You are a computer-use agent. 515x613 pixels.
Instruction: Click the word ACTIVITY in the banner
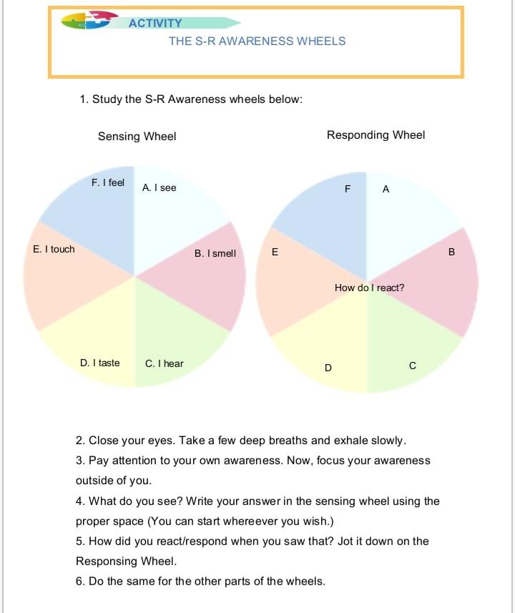click(x=155, y=24)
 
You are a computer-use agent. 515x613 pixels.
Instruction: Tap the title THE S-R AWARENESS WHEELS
click(x=257, y=41)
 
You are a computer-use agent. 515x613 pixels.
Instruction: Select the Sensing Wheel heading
click(x=137, y=136)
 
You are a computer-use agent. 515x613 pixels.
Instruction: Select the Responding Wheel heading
click(x=376, y=134)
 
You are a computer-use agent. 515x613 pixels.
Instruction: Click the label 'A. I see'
click(x=159, y=187)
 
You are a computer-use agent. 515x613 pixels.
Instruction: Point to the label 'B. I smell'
click(x=215, y=253)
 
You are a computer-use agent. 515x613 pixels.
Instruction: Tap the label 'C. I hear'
click(x=164, y=363)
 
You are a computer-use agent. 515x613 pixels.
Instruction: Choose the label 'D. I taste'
click(x=99, y=363)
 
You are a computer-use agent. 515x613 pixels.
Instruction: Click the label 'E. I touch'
click(x=54, y=249)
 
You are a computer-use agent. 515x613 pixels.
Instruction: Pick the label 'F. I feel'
click(x=107, y=183)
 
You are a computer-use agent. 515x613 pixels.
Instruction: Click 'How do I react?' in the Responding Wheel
click(x=369, y=288)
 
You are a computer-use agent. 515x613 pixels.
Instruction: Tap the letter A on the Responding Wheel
click(x=386, y=190)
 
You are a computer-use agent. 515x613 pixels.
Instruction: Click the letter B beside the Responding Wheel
click(x=451, y=252)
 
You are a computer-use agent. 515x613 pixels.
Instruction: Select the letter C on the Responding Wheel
click(x=412, y=366)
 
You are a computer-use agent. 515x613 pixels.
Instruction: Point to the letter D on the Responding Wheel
click(x=328, y=368)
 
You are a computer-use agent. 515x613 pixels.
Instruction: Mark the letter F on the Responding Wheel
click(x=347, y=190)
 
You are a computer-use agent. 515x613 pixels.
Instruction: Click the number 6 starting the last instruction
click(x=79, y=581)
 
